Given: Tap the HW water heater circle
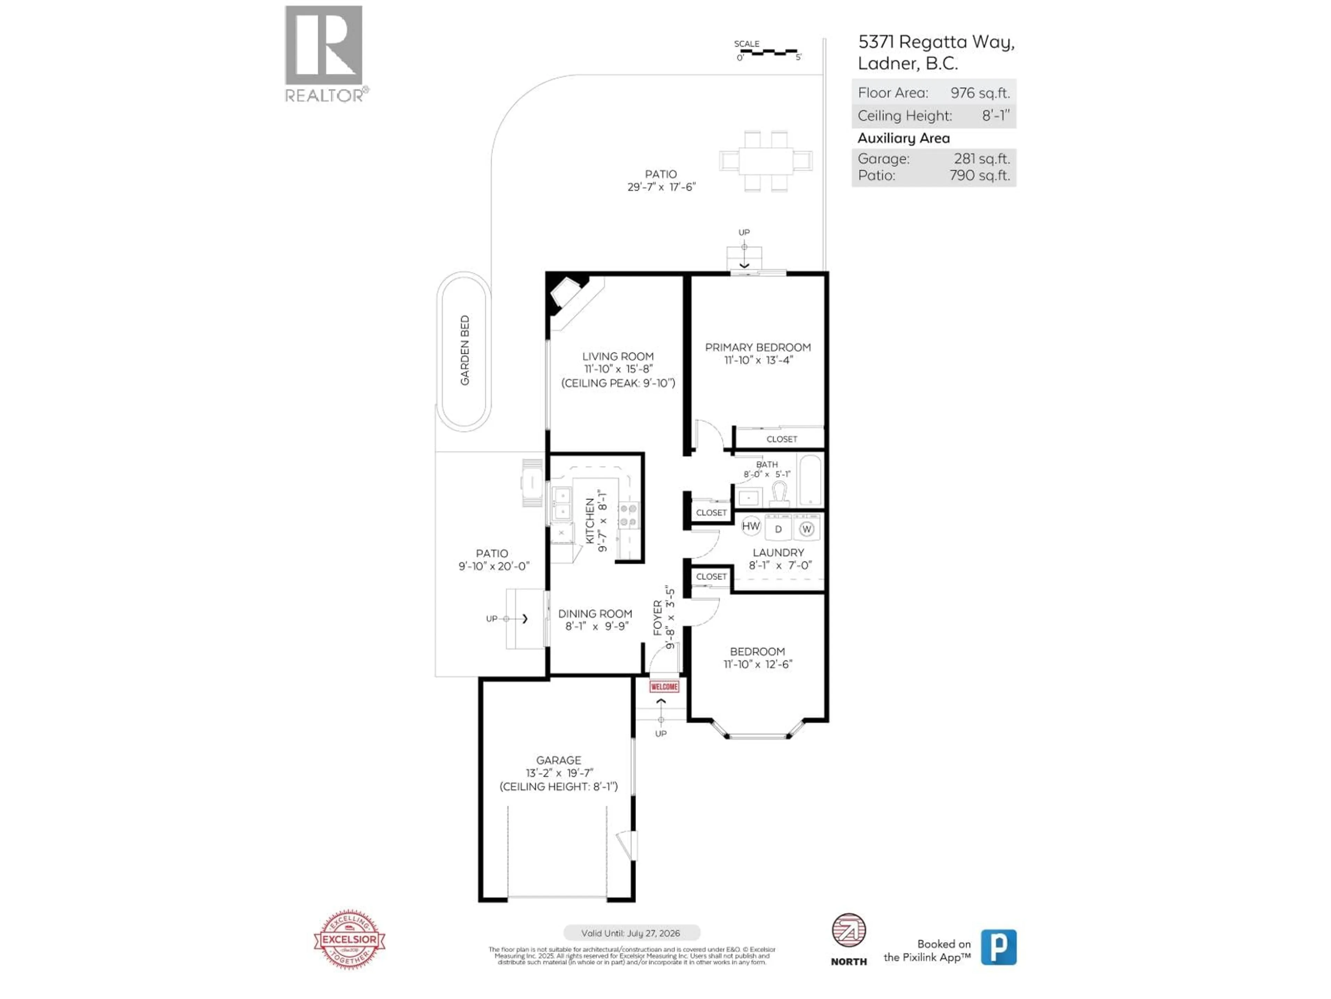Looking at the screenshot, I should tap(750, 526).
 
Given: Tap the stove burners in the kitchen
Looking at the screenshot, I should tap(628, 515).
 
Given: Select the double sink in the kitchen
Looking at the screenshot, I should tap(562, 503).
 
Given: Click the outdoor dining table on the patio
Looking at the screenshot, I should tap(765, 161).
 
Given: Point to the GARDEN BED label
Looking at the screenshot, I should tap(464, 350).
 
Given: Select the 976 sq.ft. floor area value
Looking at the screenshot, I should tap(980, 93).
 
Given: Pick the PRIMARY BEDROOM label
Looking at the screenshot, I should tap(758, 348).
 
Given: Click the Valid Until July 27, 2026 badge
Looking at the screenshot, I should tap(631, 933).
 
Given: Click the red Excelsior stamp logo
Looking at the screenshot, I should tap(350, 939).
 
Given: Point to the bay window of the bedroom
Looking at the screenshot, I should tap(758, 733).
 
